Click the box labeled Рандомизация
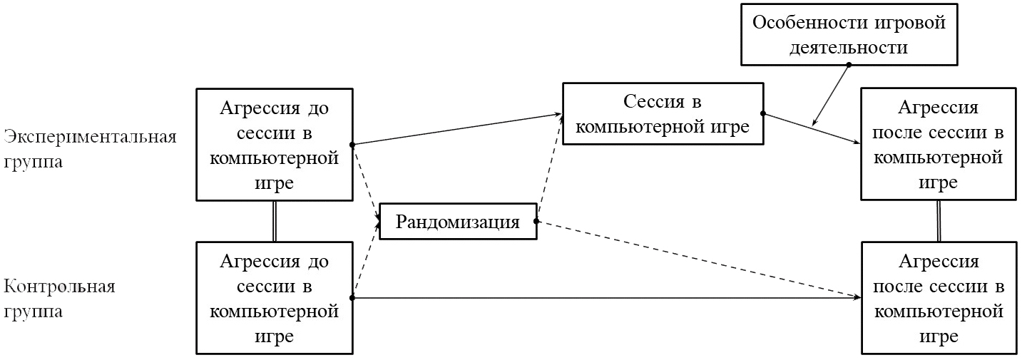pyautogui.click(x=458, y=221)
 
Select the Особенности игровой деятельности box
pyautogui.click(x=848, y=34)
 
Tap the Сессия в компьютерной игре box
pyautogui.click(x=662, y=114)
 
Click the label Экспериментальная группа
pyautogui.click(x=90, y=148)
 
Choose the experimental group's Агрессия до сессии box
pyautogui.click(x=275, y=144)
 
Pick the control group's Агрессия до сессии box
pyautogui.click(x=275, y=297)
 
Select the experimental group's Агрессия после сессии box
pyautogui.click(x=937, y=143)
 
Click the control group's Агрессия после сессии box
pyautogui.click(x=937, y=297)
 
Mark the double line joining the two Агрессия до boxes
pyautogui.click(x=275, y=221)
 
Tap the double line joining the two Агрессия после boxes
pyautogui.click(x=937, y=221)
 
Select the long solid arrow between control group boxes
pyautogui.click(x=606, y=297)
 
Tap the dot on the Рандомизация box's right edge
pyautogui.click(x=536, y=221)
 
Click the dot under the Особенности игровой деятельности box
pyautogui.click(x=849, y=65)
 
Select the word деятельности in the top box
pyautogui.click(x=848, y=47)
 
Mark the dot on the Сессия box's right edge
pyautogui.click(x=762, y=113)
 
